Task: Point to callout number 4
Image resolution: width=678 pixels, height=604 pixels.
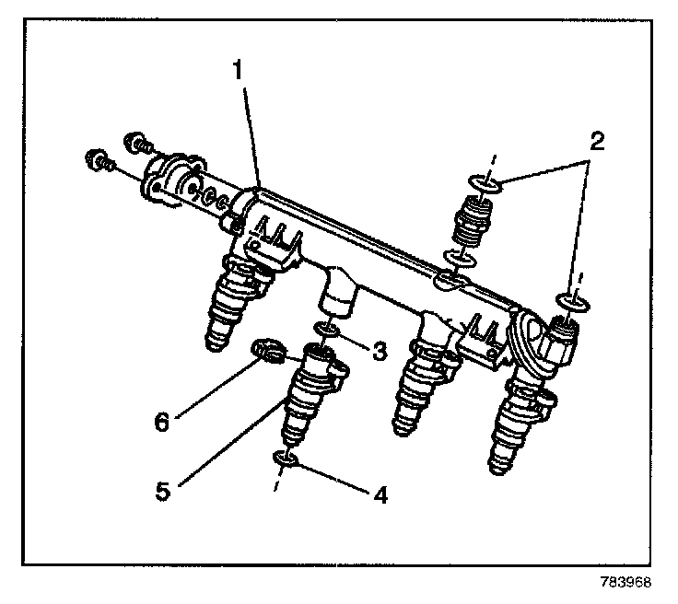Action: click(380, 494)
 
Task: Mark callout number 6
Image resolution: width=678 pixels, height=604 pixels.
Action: click(161, 423)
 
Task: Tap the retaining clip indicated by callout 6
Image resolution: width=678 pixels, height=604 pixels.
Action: click(266, 350)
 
